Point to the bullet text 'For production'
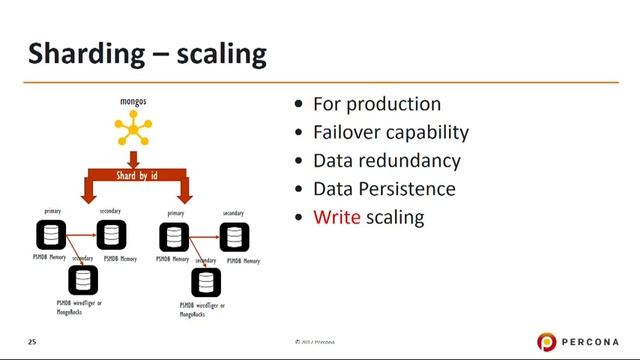tap(377, 105)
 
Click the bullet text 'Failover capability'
tap(391, 133)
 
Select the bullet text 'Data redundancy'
tap(387, 161)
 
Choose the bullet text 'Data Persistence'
tap(384, 189)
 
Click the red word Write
tap(337, 217)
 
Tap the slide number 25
tap(32, 342)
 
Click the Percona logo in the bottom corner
tap(579, 342)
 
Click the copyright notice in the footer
tap(314, 342)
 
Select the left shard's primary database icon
tap(52, 236)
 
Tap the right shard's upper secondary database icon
tap(235, 237)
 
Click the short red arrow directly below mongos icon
tap(134, 157)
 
